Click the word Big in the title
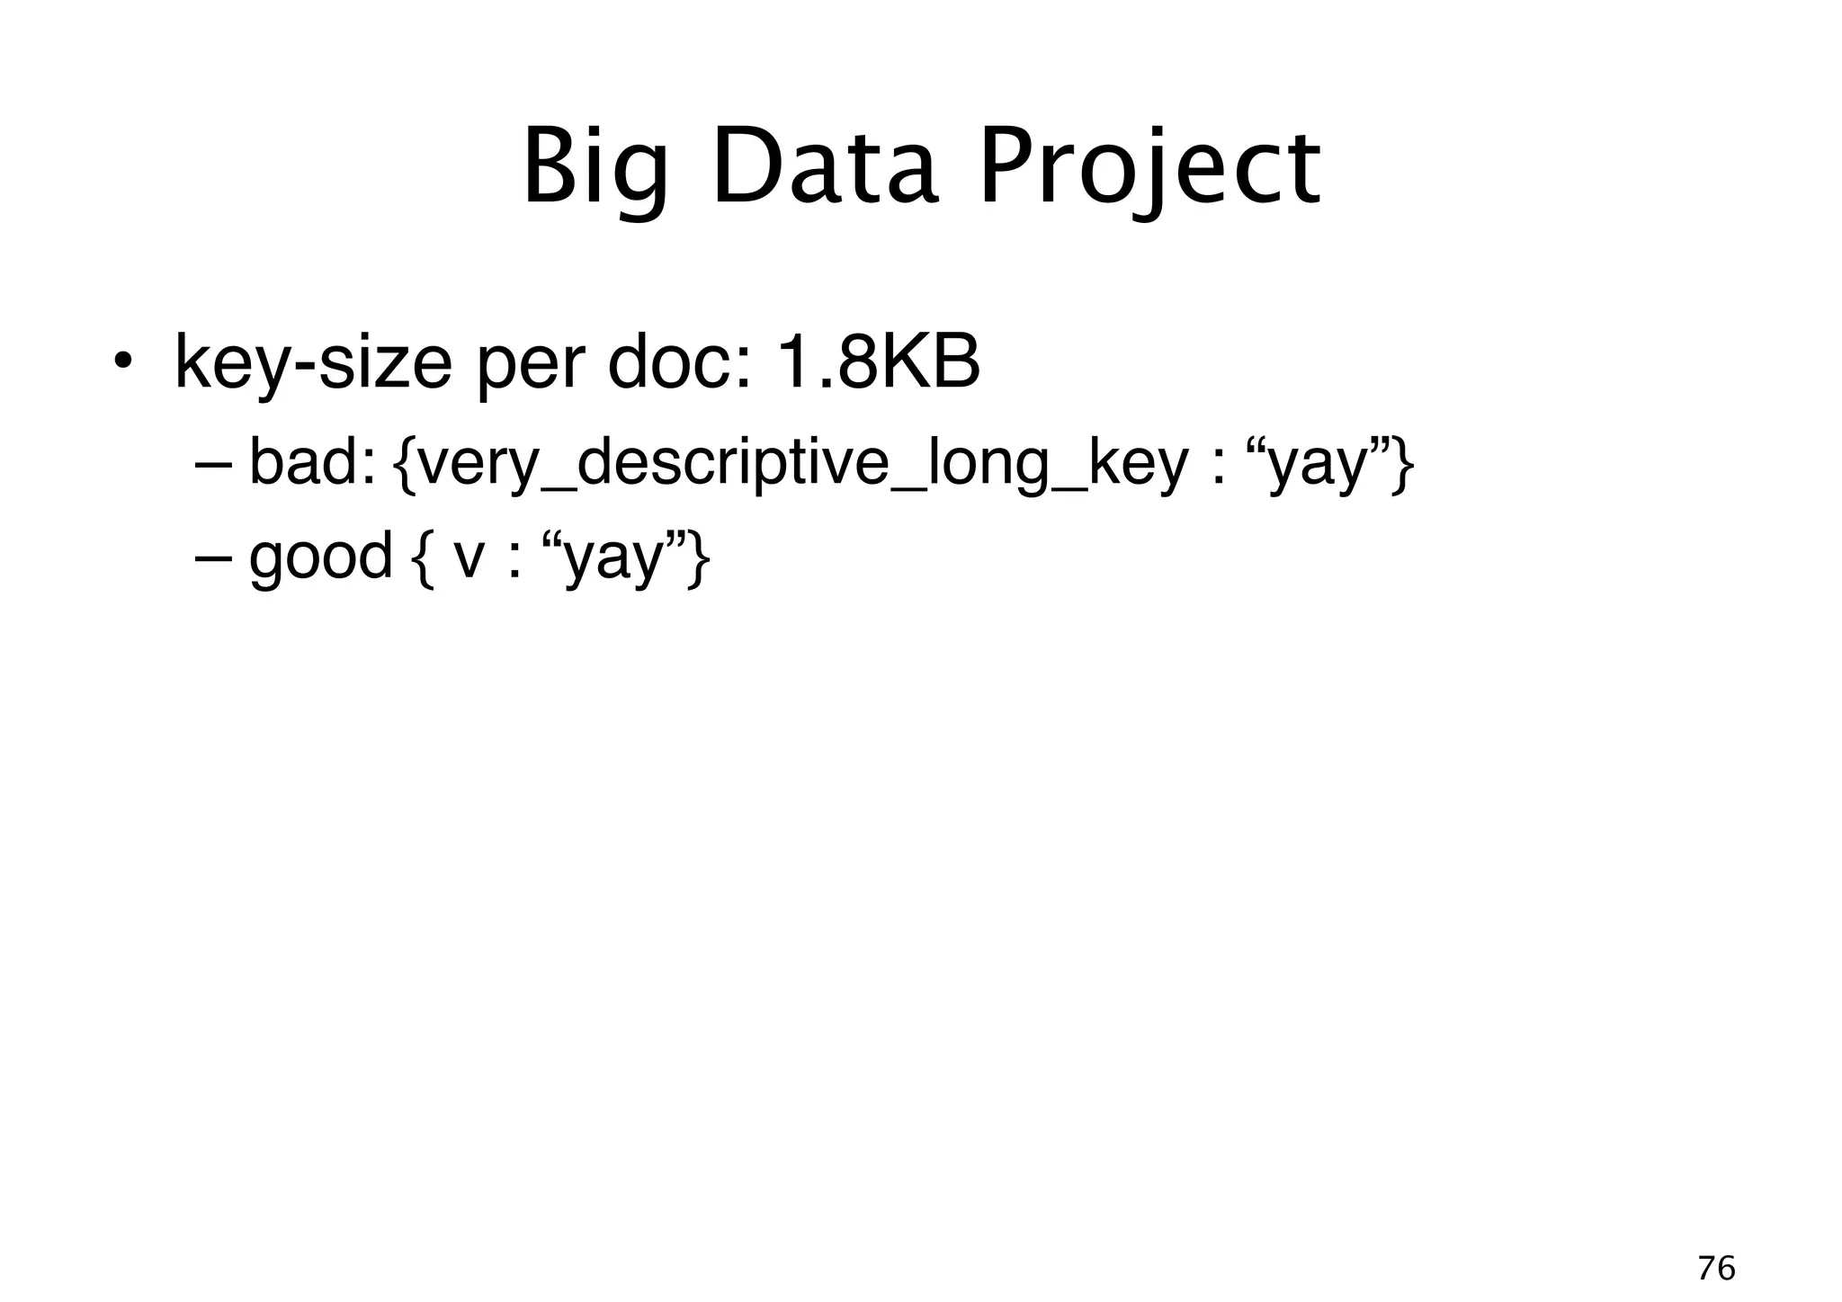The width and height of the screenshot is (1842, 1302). (595, 169)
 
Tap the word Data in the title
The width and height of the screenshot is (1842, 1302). (825, 169)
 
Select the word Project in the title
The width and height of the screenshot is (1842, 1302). (1149, 169)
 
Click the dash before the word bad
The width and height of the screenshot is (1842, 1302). (212, 465)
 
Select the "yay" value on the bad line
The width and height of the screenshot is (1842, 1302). (1318, 465)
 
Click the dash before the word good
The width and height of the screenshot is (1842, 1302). (212, 557)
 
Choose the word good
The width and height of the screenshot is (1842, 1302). (320, 557)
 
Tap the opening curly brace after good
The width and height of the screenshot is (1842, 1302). (422, 557)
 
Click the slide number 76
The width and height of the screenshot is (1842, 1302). (1716, 1269)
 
